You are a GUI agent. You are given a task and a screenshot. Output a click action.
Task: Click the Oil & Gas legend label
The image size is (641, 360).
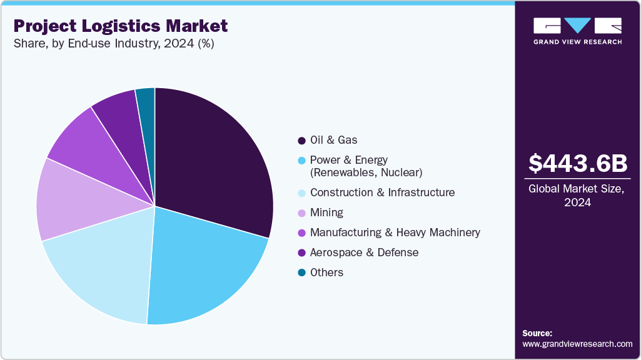[333, 140]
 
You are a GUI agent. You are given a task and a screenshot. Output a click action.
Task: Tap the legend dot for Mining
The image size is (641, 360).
[301, 213]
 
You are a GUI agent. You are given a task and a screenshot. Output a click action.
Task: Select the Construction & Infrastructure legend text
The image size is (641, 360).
[382, 192]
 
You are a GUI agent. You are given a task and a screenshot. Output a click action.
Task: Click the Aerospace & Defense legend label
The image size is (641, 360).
[364, 252]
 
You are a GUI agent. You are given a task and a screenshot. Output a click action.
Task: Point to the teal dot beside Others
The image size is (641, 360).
[301, 273]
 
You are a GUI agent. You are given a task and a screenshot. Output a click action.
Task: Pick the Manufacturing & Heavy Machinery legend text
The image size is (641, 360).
[395, 232]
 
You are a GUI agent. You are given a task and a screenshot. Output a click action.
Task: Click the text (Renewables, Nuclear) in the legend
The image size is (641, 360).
[366, 172]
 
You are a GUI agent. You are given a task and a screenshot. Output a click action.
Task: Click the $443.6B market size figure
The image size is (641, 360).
[577, 164]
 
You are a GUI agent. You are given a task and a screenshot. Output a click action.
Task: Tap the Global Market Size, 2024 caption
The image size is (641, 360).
[577, 196]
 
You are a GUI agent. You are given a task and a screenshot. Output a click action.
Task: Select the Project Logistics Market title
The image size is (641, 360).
[121, 26]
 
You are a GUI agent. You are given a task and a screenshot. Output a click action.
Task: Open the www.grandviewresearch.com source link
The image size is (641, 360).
[577, 344]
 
